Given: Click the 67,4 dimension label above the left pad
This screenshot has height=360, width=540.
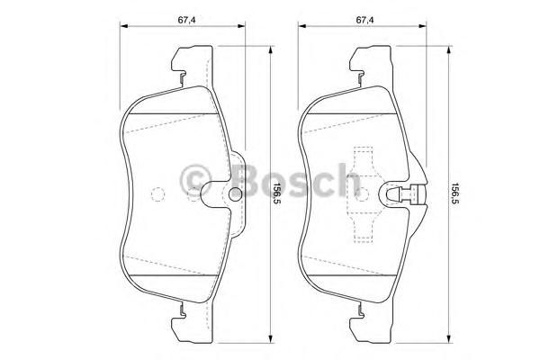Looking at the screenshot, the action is click(x=186, y=20).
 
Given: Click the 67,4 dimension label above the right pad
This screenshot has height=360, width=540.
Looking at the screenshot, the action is click(x=364, y=20).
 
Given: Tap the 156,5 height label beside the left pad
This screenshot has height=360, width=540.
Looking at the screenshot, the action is click(x=274, y=193).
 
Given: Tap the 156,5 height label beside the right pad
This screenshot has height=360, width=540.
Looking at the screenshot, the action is click(x=454, y=193).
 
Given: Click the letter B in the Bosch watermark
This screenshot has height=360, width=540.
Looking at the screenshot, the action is click(x=249, y=180).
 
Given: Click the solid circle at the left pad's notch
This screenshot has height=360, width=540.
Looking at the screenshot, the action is click(x=236, y=193).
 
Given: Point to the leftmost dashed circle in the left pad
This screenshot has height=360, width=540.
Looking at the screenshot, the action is click(x=158, y=194).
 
